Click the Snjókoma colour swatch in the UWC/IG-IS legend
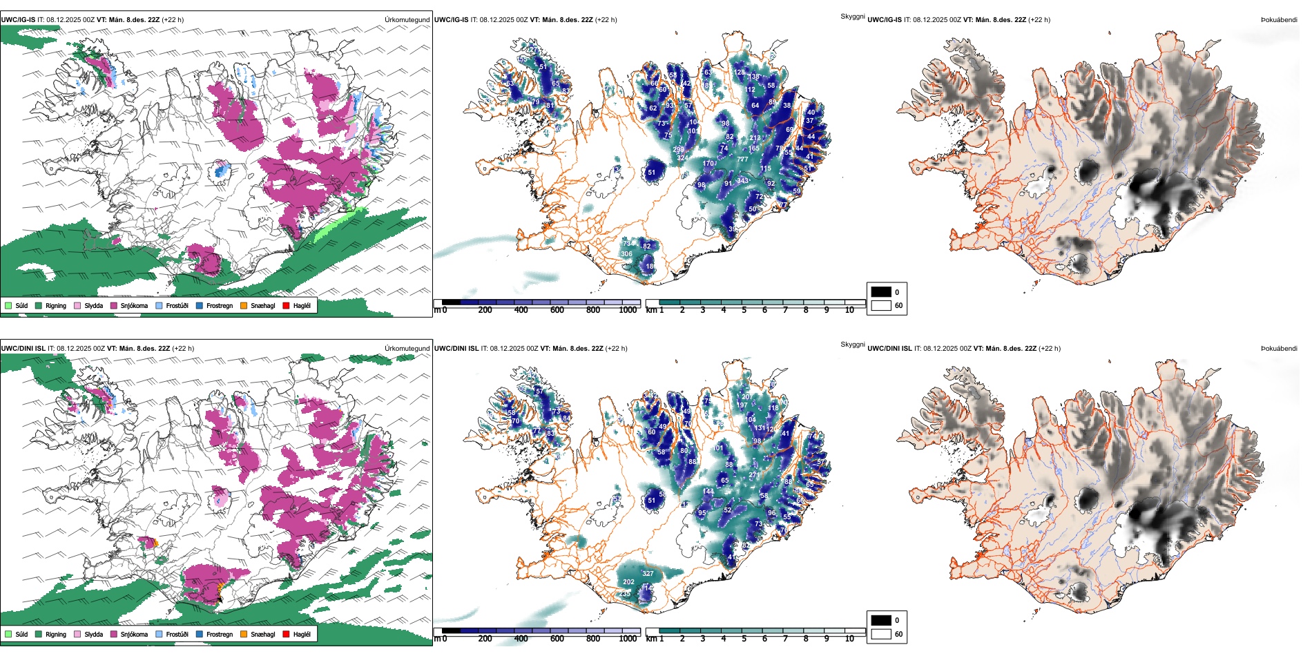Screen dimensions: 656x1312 [114, 305]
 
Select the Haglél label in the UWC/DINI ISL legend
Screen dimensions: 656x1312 [302, 634]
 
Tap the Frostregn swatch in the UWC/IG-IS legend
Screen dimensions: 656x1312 [200, 305]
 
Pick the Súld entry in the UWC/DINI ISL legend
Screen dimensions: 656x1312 [21, 634]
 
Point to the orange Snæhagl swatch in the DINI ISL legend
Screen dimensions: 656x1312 [244, 634]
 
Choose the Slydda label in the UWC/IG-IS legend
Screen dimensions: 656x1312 [93, 305]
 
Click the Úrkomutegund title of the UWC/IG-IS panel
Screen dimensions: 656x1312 [407, 20]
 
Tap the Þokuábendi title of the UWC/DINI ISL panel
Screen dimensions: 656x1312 [1279, 349]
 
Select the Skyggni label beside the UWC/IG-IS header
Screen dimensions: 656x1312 [852, 17]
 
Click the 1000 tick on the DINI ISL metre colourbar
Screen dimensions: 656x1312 [628, 639]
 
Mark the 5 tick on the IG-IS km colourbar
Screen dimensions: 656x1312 [744, 310]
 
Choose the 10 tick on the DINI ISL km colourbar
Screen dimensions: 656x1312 [849, 639]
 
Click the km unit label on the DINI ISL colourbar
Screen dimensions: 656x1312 [651, 639]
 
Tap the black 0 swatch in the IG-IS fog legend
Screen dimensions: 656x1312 [881, 292]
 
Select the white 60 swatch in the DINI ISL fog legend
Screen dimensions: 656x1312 [881, 634]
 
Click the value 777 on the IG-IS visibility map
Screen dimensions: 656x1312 [742, 160]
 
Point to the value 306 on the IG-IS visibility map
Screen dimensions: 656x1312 [626, 254]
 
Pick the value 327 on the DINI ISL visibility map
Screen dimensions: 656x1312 [648, 574]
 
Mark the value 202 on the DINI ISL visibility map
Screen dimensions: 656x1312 [628, 582]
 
